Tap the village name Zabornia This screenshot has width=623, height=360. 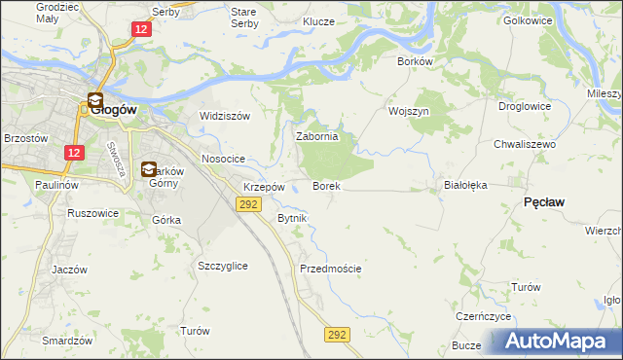click(316, 137)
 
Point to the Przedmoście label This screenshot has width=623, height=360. click(331, 269)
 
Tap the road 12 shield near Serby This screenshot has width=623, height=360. click(142, 30)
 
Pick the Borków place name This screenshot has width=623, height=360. click(415, 60)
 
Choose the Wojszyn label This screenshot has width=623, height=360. click(409, 111)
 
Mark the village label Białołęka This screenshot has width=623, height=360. click(464, 184)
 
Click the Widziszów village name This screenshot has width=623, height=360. click(225, 116)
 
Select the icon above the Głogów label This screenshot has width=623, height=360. click(95, 99)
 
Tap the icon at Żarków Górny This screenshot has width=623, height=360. click(149, 169)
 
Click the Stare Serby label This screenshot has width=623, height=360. click(242, 17)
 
